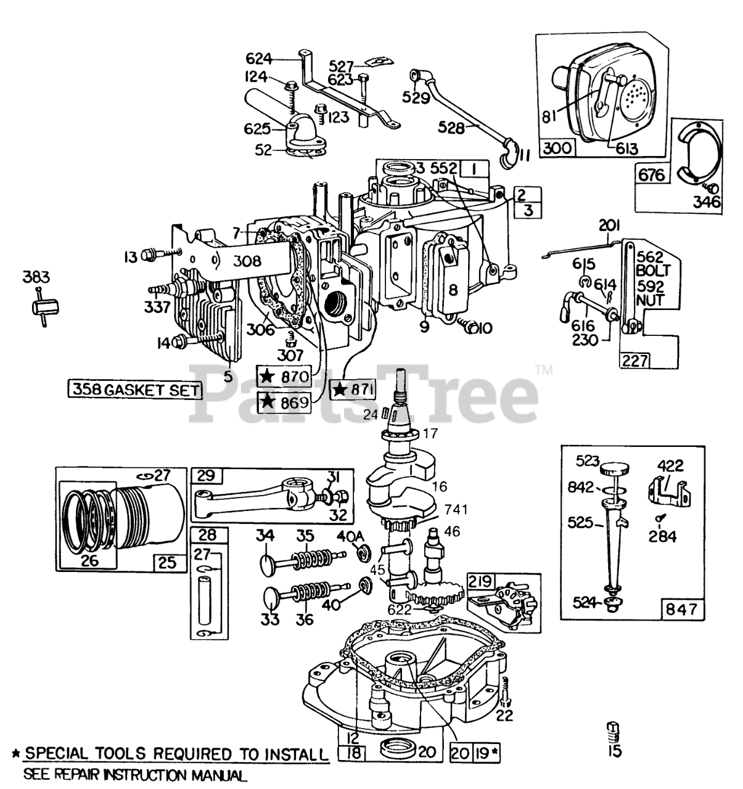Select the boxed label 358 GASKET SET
coord(135,390)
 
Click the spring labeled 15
coord(612,731)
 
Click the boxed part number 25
coord(168,562)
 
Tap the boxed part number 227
coord(634,359)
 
